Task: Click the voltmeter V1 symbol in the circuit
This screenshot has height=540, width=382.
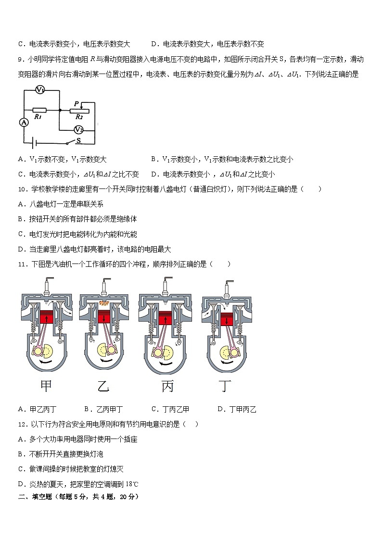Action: (x=40, y=90)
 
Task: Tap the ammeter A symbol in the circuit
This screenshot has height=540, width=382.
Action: (x=24, y=123)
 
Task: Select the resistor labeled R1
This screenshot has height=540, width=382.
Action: (x=40, y=110)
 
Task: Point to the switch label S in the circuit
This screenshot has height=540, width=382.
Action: (x=78, y=141)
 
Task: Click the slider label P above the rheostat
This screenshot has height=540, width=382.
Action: (x=76, y=103)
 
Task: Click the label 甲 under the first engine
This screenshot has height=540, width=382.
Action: (x=46, y=386)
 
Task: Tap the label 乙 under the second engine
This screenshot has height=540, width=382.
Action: (x=103, y=386)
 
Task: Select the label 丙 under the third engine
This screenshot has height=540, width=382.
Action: (x=167, y=386)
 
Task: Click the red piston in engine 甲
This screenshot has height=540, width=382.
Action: (x=47, y=317)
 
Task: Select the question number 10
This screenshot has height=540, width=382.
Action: (x=22, y=189)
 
